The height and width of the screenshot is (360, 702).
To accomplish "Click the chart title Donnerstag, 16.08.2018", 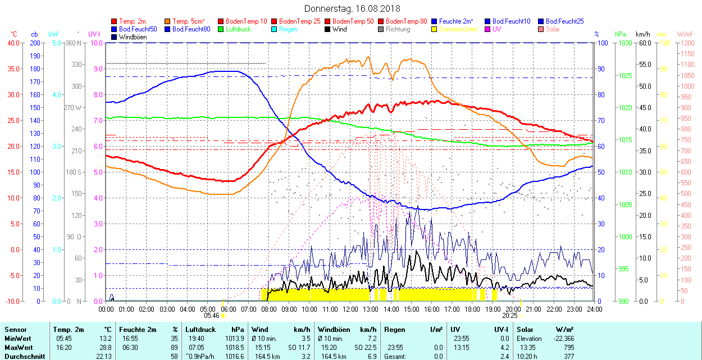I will click(x=352, y=8).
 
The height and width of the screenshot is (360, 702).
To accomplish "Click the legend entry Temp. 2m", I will click(x=133, y=21).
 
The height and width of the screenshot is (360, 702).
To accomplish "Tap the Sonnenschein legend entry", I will click(x=458, y=29).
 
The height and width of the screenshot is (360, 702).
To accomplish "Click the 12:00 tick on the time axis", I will click(x=350, y=309).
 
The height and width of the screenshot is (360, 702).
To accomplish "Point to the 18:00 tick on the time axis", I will click(x=472, y=309).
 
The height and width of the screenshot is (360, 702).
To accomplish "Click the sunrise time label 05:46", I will click(x=211, y=316).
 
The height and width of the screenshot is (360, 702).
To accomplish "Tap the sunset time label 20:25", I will click(x=509, y=316).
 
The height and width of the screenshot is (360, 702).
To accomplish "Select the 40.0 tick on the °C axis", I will click(x=12, y=43).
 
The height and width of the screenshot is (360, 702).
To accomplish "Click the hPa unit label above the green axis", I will click(x=620, y=34).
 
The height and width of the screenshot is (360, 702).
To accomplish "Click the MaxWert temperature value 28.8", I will click(x=106, y=348).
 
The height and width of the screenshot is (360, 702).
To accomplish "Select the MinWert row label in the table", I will click(x=17, y=339).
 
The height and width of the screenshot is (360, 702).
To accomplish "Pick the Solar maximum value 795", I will click(x=567, y=348).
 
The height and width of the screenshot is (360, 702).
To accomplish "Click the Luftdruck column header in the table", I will click(x=200, y=330).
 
